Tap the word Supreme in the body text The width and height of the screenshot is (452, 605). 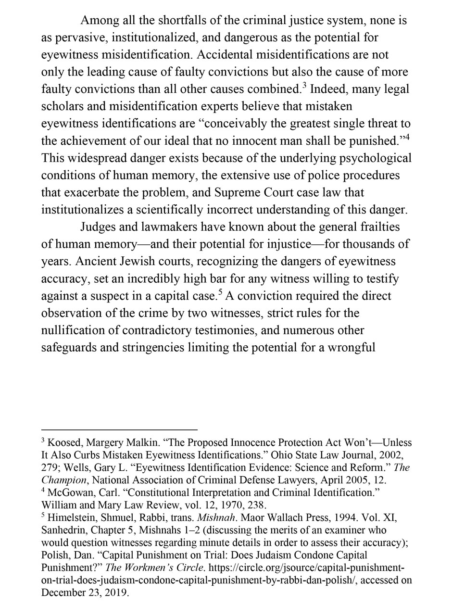tap(239, 193)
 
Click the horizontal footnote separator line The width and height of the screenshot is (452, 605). tap(119, 429)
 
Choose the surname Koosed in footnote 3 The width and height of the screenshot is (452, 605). tap(64, 442)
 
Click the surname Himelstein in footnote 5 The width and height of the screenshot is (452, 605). tap(72, 517)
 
